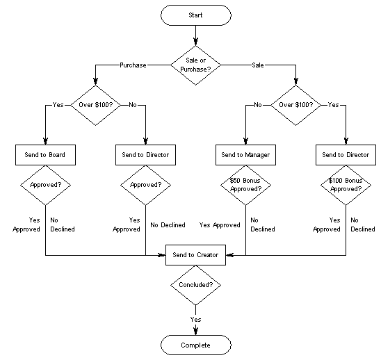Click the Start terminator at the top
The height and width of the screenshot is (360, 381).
195,15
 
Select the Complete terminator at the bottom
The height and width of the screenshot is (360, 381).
195,345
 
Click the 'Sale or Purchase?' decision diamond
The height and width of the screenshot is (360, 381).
195,65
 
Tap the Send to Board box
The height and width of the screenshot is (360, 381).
45,154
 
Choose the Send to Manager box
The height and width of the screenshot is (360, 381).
245,154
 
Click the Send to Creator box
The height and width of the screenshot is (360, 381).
195,255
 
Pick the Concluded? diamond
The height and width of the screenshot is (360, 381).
195,286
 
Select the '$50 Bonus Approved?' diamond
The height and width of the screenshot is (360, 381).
245,185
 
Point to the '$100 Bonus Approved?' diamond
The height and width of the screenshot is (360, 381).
345,185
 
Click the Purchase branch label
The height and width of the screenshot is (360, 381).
133,65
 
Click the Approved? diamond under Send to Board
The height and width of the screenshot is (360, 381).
45,186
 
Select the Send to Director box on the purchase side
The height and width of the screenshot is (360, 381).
145,154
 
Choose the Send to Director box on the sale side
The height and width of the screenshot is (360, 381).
345,154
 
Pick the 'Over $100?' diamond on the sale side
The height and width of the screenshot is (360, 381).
295,105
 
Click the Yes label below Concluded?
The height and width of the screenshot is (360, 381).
195,319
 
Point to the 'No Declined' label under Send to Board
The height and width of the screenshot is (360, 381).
62,224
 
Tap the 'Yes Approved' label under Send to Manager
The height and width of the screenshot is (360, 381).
219,225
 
